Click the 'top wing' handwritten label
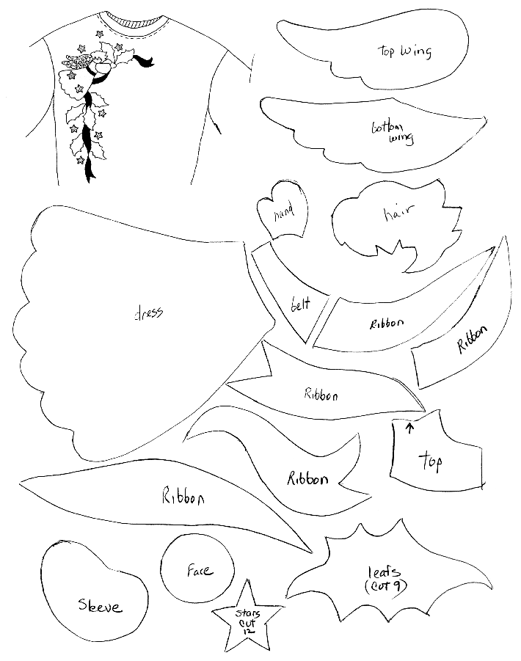(404, 51)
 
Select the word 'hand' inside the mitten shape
(284, 213)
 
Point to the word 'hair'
(398, 213)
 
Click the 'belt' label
(300, 304)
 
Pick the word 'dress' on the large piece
(148, 313)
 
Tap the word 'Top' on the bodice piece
(430, 461)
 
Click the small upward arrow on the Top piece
(409, 428)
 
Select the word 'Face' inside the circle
(200, 570)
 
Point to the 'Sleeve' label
(100, 605)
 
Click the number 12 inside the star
(247, 631)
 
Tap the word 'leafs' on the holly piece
(384, 571)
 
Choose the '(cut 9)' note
(386, 585)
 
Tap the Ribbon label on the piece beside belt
(387, 324)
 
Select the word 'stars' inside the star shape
(247, 613)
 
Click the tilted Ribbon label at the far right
(473, 338)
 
